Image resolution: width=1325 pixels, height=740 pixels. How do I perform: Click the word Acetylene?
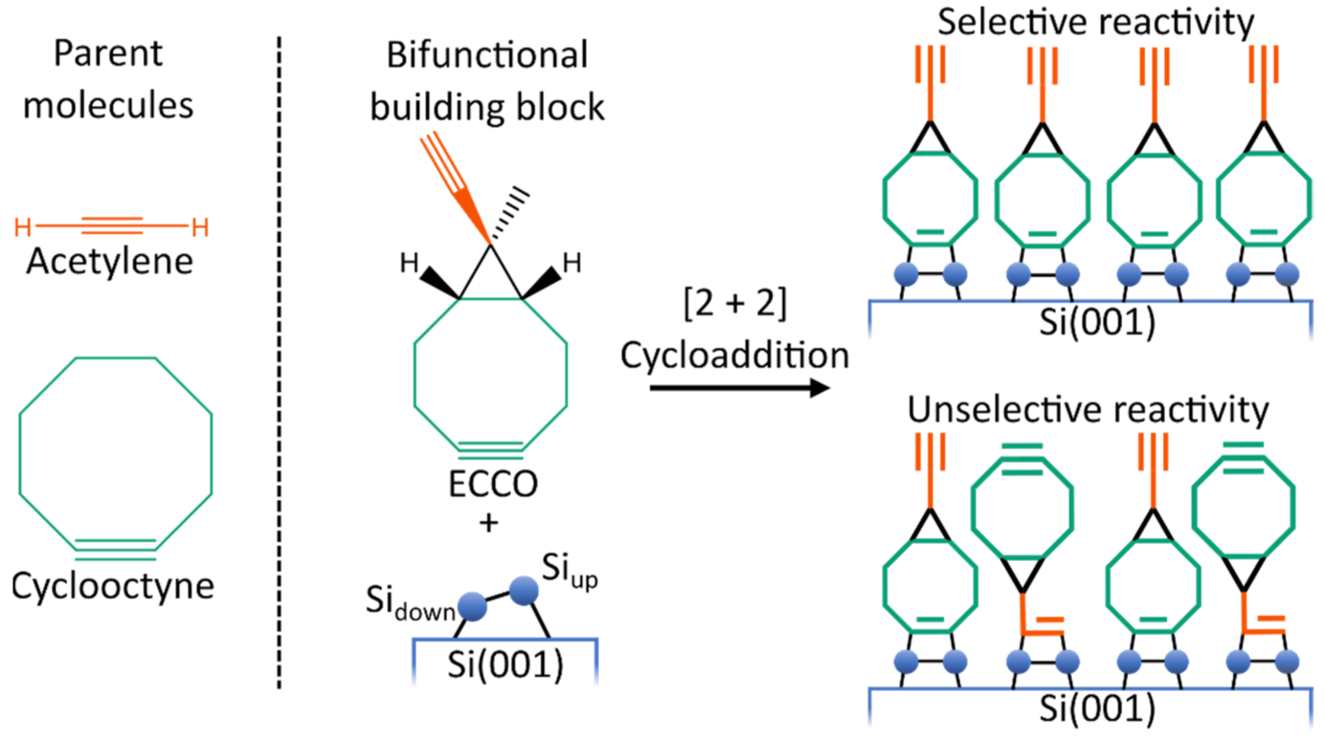[x=110, y=262]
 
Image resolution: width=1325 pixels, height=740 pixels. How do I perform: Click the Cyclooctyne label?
[x=112, y=586]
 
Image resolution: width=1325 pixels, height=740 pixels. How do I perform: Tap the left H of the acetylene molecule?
[x=23, y=227]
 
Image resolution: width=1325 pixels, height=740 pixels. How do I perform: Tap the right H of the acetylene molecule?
[x=200, y=227]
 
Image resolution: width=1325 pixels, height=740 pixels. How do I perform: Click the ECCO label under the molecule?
[x=493, y=485]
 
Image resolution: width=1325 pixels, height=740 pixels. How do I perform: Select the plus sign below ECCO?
[x=489, y=522]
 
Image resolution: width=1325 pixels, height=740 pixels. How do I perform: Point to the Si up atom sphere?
[x=523, y=591]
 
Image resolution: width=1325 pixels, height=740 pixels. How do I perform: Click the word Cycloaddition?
[x=734, y=355]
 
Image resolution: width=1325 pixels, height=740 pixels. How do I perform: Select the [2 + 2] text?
[x=734, y=304]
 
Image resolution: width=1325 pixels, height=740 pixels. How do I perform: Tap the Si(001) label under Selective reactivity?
[x=1097, y=321]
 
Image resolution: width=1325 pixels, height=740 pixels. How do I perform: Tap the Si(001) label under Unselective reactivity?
[x=1097, y=709]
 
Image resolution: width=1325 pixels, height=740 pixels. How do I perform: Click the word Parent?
[x=108, y=53]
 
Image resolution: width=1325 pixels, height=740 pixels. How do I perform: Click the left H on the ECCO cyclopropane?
[x=409, y=263]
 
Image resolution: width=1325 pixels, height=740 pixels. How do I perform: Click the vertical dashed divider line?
[x=279, y=360]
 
